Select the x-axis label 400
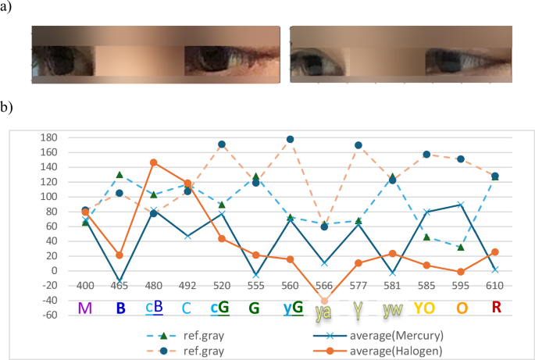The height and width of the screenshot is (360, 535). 85,286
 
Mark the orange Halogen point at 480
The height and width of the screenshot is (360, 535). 154,162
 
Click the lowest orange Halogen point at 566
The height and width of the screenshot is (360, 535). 324,301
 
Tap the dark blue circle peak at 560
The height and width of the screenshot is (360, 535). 290,139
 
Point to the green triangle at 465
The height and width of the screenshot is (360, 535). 119,175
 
